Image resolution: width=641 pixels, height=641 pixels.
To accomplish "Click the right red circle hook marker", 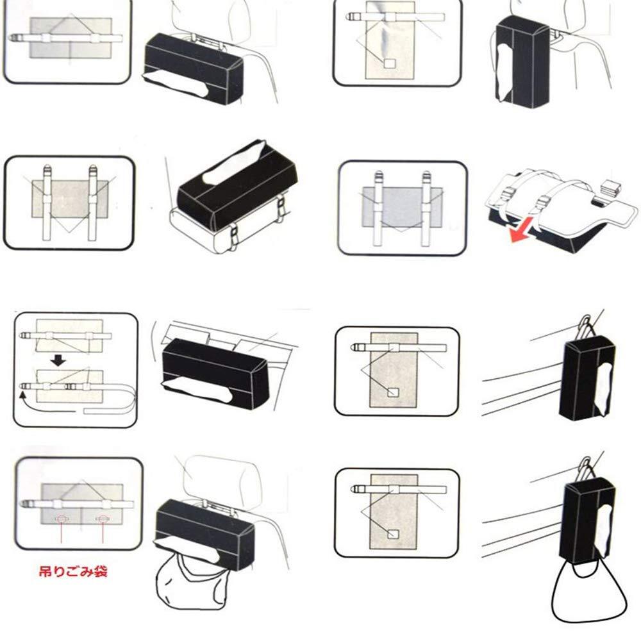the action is (102, 519).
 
